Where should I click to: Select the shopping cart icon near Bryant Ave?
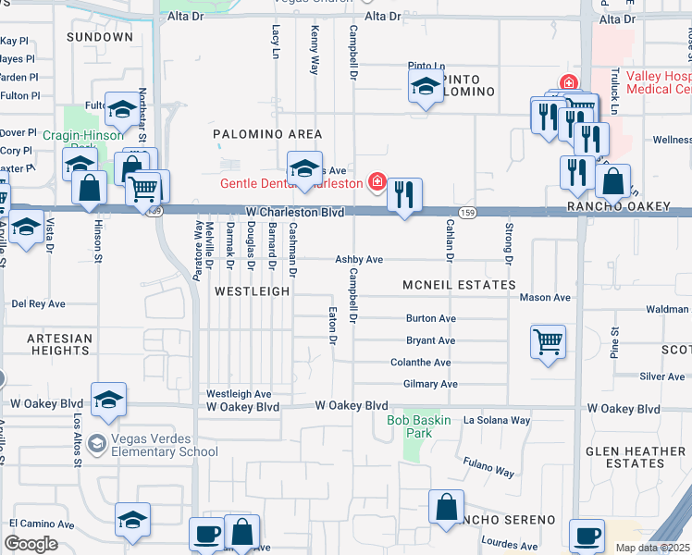coord(548,341)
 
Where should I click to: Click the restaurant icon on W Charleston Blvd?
coord(403,195)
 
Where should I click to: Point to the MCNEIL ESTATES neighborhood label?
coord(458,285)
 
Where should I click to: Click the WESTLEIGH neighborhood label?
coord(252,290)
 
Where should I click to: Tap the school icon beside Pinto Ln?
coord(425,88)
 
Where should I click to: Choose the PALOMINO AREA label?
coord(267,134)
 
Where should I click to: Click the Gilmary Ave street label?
coord(430,384)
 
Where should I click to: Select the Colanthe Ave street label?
coord(421,364)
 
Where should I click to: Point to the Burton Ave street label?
coord(431,318)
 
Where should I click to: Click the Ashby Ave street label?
coord(359,260)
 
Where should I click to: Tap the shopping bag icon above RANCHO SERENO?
coord(446,507)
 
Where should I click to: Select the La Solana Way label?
coord(497,420)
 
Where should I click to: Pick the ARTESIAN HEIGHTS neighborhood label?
coord(59,345)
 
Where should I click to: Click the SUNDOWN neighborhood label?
coord(100,37)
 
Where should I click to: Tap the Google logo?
coord(31,544)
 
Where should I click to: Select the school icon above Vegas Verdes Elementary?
coord(108,400)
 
